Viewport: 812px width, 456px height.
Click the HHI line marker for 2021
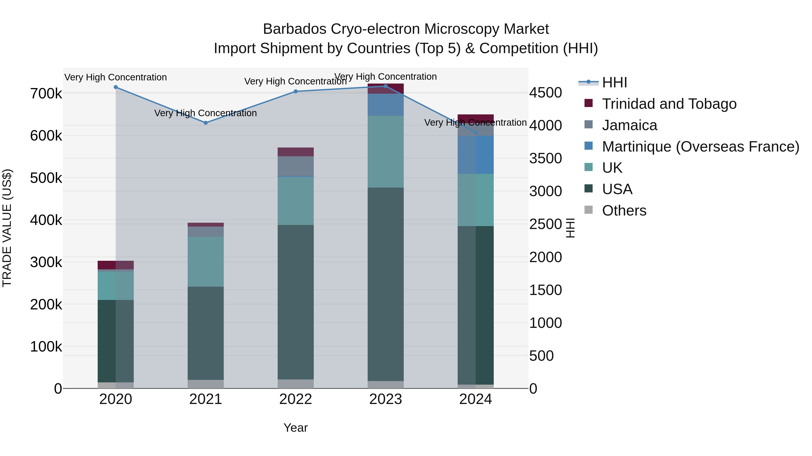click(x=205, y=123)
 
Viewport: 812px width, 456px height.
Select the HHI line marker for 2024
click(x=476, y=132)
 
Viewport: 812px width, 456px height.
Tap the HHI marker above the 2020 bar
click(x=116, y=87)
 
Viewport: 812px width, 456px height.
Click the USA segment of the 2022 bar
click(x=296, y=302)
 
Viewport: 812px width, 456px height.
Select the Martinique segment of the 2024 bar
click(x=476, y=155)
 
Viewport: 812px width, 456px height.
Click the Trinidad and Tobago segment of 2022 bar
click(x=296, y=152)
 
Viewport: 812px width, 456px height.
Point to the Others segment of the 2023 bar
click(x=385, y=385)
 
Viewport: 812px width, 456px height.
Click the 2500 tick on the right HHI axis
click(x=545, y=224)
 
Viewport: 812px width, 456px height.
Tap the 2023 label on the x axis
click(x=385, y=399)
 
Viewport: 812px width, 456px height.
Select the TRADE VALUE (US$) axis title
click(x=7, y=228)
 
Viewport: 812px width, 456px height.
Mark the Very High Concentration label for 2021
click(x=205, y=113)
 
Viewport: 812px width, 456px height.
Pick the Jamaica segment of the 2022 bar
click(x=296, y=166)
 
